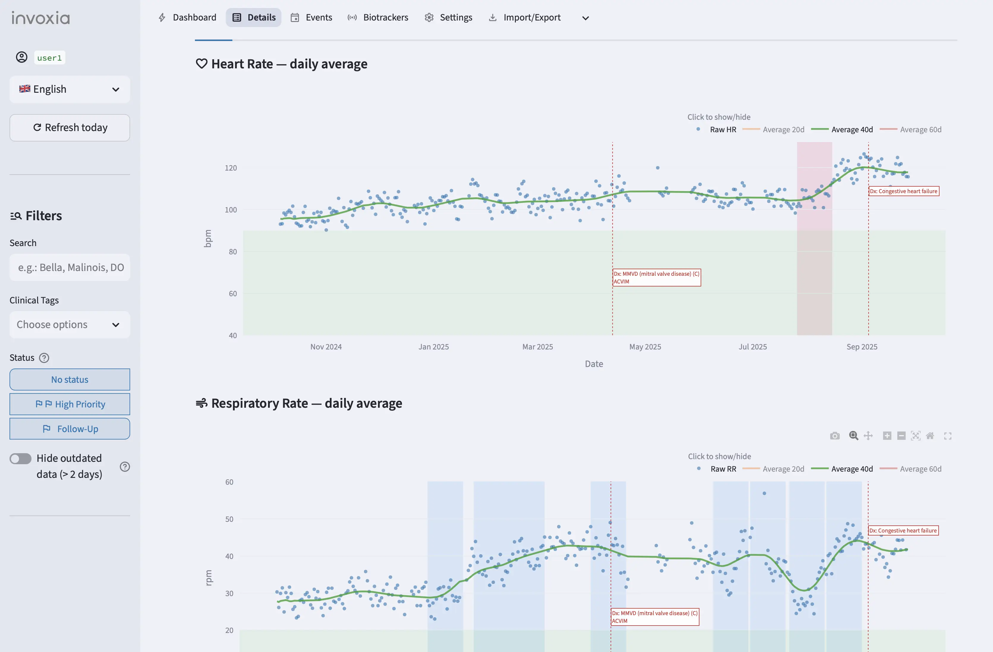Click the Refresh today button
[70, 128]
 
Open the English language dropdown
[70, 89]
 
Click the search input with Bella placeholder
[70, 267]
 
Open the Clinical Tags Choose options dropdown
[70, 325]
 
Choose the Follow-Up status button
[70, 429]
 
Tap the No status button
[70, 380]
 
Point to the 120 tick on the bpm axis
[231, 168]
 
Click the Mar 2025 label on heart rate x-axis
[538, 347]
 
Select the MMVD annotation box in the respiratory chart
[654, 617]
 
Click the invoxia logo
[40, 18]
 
